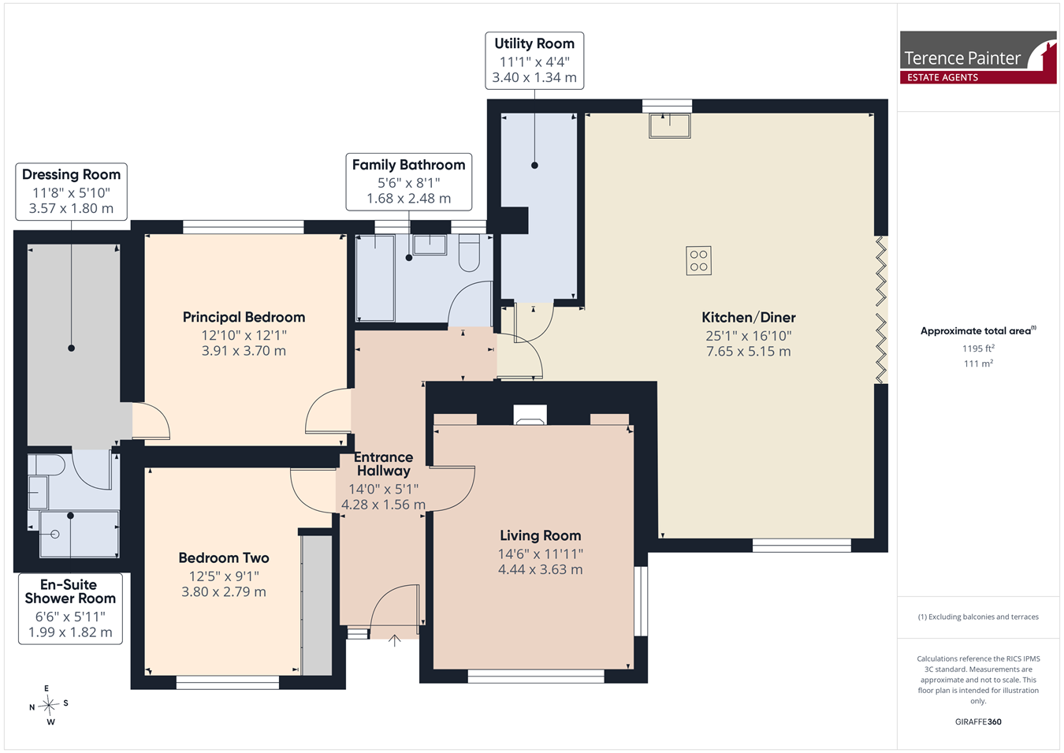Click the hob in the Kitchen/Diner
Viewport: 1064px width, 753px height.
coord(698,260)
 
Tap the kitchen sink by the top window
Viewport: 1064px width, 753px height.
coord(670,125)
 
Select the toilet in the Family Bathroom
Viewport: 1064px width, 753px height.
coord(469,253)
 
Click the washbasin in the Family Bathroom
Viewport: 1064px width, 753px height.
coord(430,244)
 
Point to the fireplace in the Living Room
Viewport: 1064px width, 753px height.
coord(530,415)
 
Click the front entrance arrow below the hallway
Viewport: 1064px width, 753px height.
coord(394,640)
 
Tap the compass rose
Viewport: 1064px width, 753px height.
coord(49,705)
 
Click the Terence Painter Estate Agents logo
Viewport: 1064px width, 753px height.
coord(978,58)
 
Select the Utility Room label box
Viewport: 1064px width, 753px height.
coord(534,61)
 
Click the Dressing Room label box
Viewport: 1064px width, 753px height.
coord(71,192)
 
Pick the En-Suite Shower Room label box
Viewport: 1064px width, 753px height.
coord(70,609)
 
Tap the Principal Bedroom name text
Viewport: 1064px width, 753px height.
coord(244,317)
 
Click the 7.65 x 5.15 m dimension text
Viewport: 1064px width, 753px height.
coord(749,352)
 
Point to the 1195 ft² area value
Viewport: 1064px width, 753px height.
coord(979,349)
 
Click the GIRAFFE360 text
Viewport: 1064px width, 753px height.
coord(978,721)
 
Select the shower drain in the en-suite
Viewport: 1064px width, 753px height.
coord(54,534)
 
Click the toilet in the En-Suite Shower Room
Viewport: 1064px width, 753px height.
coord(46,465)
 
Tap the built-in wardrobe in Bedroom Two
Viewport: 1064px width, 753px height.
coord(317,606)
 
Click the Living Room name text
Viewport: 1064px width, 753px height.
coord(540,535)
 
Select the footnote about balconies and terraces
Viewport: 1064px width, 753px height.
coord(978,617)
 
